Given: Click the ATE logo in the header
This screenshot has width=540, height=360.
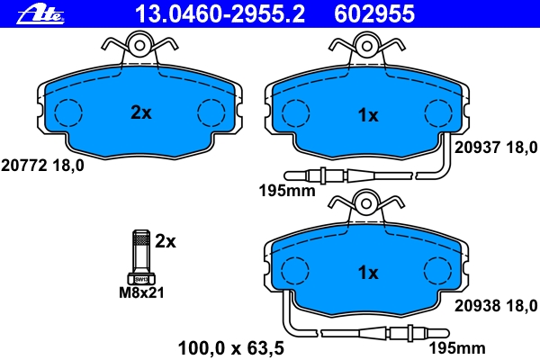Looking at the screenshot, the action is pyautogui.click(x=40, y=13).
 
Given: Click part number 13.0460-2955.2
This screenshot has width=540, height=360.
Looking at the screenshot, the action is pyautogui.click(x=220, y=14).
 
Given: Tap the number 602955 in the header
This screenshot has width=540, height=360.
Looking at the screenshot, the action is pyautogui.click(x=374, y=14).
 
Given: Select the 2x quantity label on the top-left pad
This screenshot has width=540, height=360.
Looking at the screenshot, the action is pyautogui.click(x=141, y=112).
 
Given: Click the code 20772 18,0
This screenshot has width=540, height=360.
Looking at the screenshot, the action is pyautogui.click(x=42, y=166).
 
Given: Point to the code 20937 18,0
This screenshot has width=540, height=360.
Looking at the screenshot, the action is pyautogui.click(x=496, y=148).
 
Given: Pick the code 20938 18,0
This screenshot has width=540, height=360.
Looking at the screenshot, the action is pyautogui.click(x=496, y=306).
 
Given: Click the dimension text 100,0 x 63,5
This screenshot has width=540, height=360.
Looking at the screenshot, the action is pyautogui.click(x=230, y=348).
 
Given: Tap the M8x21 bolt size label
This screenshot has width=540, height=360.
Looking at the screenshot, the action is pyautogui.click(x=141, y=292).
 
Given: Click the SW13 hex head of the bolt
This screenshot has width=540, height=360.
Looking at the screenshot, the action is pyautogui.click(x=141, y=279).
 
